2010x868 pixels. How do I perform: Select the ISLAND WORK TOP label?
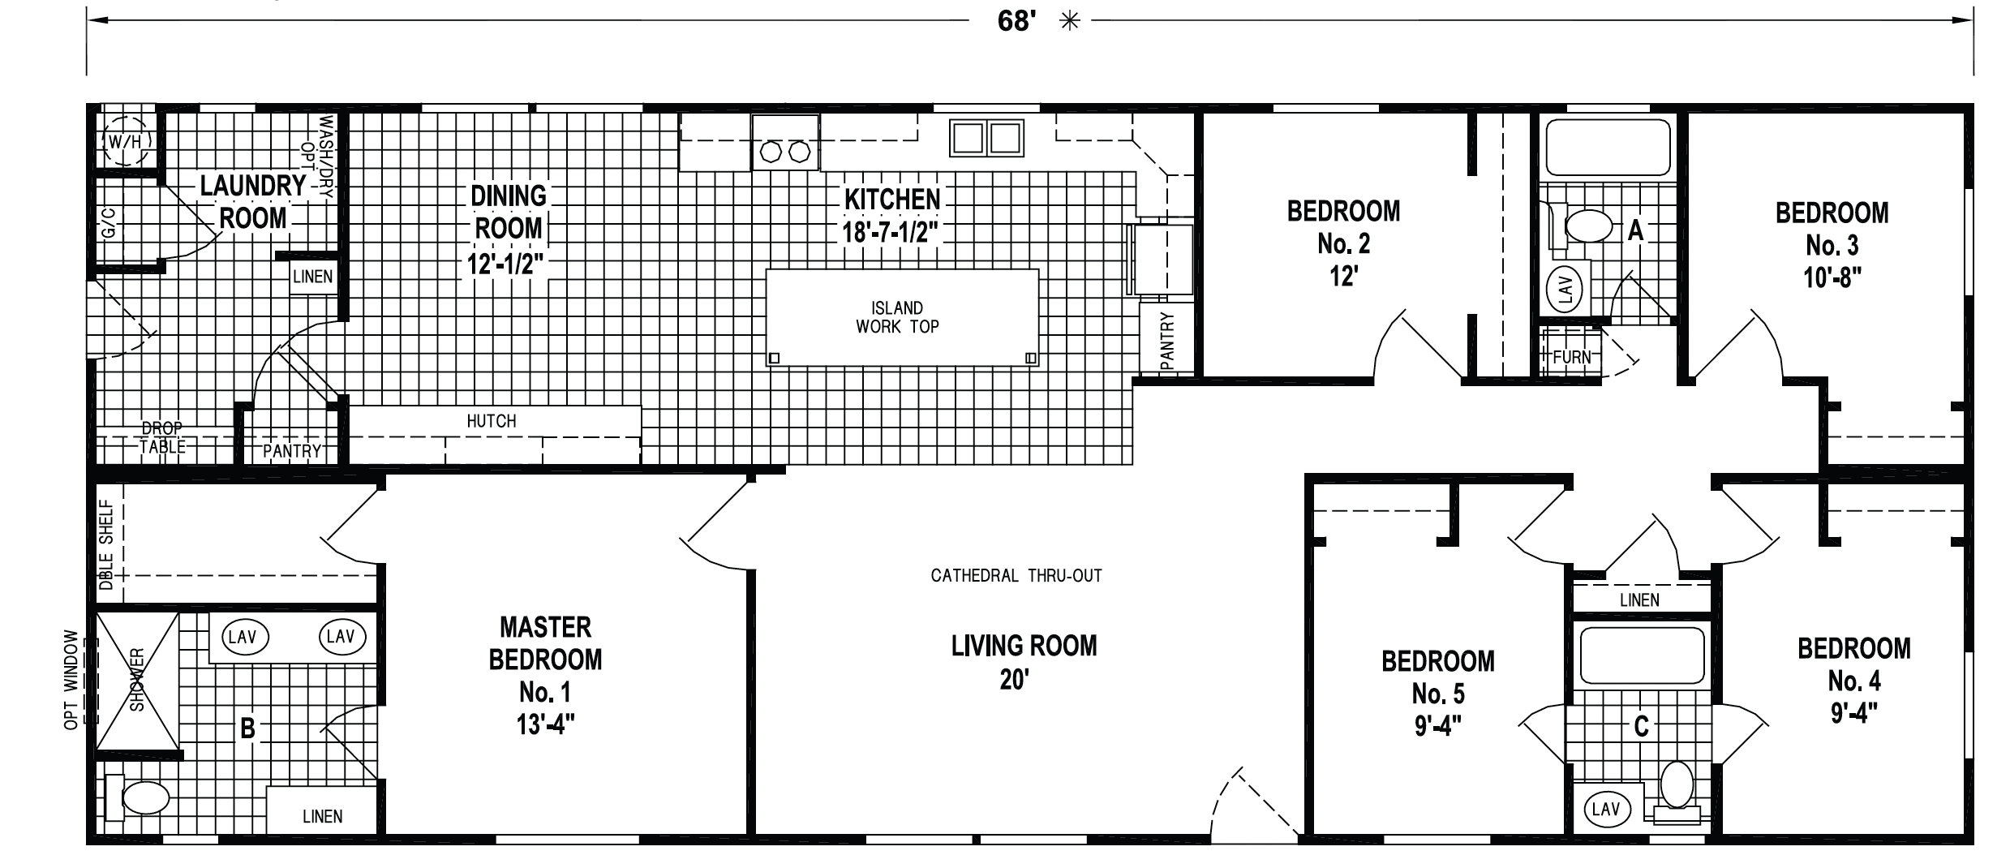coord(897,317)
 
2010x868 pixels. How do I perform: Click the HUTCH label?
coord(492,421)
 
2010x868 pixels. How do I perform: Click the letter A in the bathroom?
coord(1636,231)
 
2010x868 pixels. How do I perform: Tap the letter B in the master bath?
coord(247,729)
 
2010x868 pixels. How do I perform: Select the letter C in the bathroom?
coord(1641,726)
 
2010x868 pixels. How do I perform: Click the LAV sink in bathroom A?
coord(1566,288)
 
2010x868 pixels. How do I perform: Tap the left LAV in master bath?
coord(243,637)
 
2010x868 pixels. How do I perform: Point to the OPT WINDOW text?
coord(71,680)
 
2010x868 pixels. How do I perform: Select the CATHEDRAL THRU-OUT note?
coord(1016,576)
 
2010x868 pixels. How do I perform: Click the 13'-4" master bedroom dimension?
coord(545,724)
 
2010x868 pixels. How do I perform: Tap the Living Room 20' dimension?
coord(1015,680)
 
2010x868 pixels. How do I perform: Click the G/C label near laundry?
coord(110,221)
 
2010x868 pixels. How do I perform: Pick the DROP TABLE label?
coord(163,437)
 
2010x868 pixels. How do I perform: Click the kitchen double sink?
coord(986,138)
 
